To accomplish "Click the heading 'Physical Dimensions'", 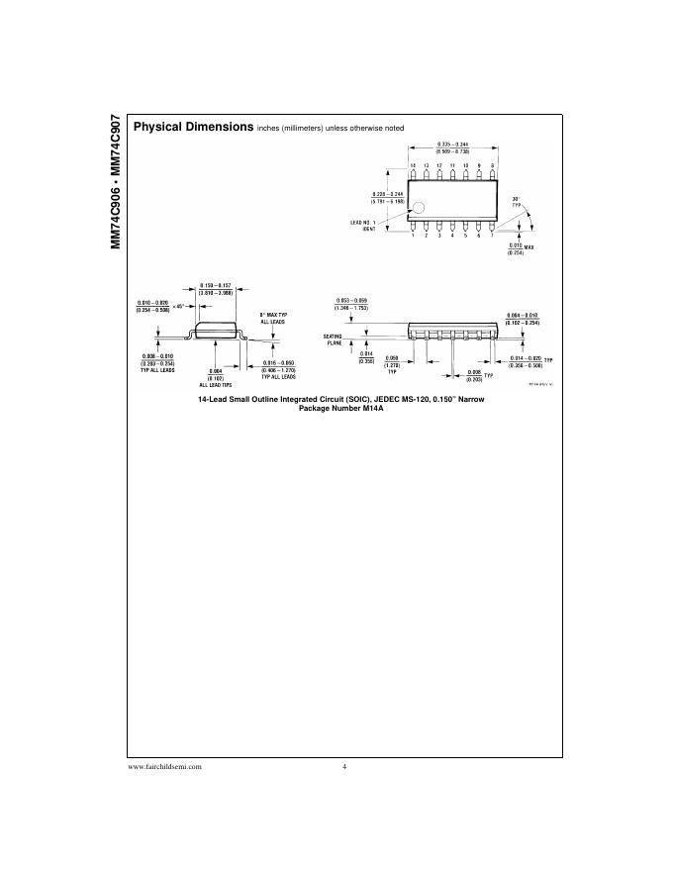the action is click(192, 128).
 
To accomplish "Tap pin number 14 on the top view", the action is click(414, 164).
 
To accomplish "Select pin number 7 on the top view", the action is click(491, 235).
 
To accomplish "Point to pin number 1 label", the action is click(414, 235).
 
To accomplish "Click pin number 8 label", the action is click(491, 164).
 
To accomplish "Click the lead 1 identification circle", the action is click(420, 209).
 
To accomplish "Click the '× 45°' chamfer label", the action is click(179, 307).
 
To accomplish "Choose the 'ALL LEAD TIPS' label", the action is click(215, 383).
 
